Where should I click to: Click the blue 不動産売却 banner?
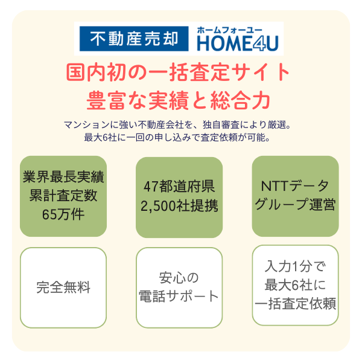(134, 39)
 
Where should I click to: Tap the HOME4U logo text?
(238, 43)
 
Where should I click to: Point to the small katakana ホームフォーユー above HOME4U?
(229, 30)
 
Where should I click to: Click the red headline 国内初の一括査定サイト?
(178, 72)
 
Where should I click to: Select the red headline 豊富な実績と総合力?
(179, 100)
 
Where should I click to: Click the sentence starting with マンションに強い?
(177, 125)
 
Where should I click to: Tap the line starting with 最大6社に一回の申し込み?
(177, 138)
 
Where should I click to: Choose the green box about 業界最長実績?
(63, 196)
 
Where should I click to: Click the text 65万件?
(63, 214)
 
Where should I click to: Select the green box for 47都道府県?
(179, 198)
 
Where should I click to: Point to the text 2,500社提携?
(179, 205)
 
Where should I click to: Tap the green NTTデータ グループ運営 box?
(295, 196)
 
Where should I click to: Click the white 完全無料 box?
(63, 288)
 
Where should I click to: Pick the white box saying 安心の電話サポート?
(179, 288)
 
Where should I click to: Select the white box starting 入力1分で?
(295, 285)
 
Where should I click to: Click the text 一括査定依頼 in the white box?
(295, 304)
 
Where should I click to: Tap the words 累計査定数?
(63, 196)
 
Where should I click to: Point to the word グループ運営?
(295, 204)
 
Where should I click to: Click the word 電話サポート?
(179, 296)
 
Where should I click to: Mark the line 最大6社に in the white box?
(295, 285)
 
